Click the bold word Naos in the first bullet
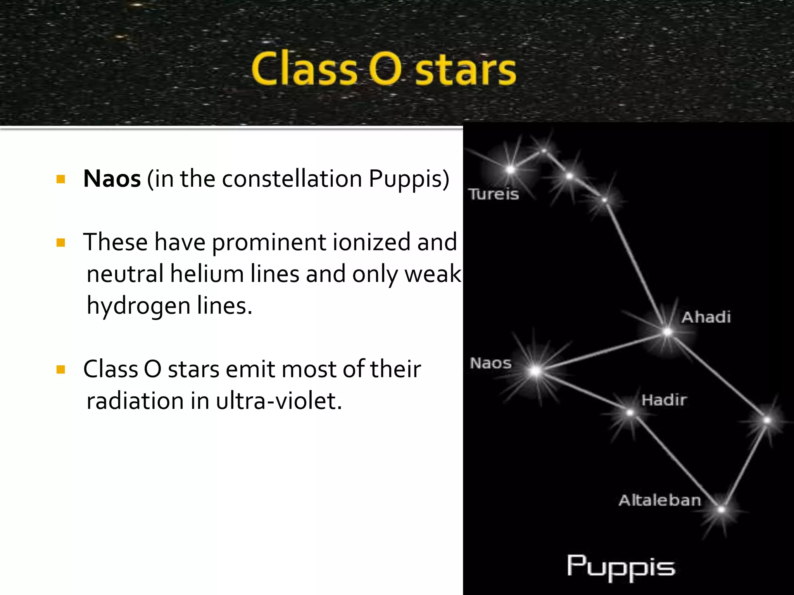[112, 179]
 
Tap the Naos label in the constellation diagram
[490, 363]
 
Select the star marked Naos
[535, 371]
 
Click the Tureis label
[493, 194]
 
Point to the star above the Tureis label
[510, 170]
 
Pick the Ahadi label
[706, 317]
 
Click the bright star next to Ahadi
[667, 332]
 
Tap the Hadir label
[664, 400]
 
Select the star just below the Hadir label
[630, 413]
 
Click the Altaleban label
[660, 500]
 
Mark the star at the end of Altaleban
[721, 510]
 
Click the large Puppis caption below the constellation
[621, 567]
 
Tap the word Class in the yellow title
[304, 69]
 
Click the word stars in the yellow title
[465, 70]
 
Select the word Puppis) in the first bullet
[409, 179]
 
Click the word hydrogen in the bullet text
[138, 306]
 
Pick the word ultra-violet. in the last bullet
[279, 401]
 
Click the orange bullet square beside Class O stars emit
[60, 369]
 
